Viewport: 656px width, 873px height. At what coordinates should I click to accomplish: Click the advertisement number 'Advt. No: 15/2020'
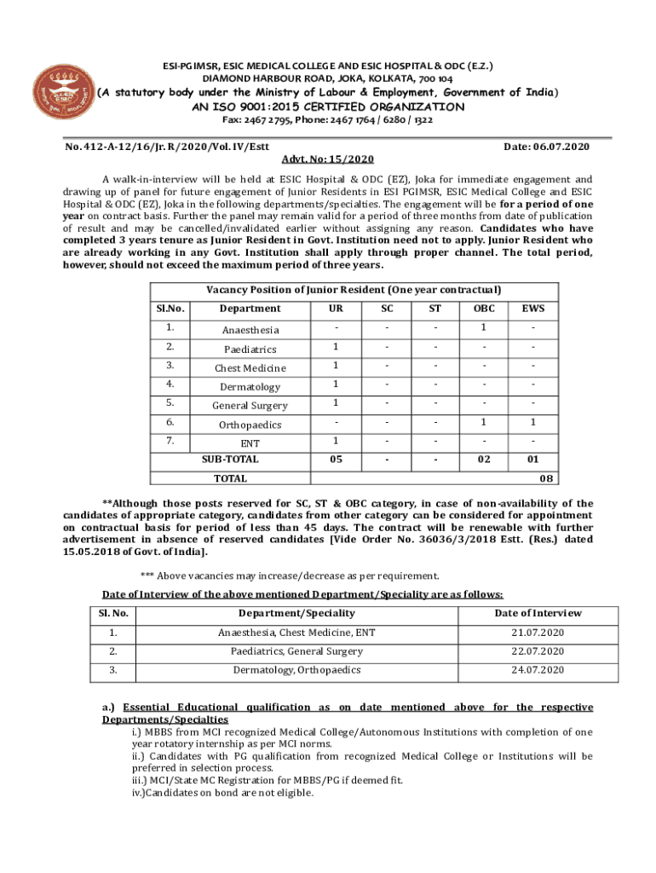328,159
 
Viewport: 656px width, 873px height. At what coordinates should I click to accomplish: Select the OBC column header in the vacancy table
483,308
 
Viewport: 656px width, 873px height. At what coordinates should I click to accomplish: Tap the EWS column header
533,308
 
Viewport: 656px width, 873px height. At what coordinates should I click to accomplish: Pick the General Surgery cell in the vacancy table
250,406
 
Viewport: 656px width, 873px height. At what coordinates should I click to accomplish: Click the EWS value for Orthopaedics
533,424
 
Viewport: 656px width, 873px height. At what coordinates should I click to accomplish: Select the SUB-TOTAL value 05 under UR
336,460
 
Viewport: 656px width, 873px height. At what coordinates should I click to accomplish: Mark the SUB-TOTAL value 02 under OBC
483,460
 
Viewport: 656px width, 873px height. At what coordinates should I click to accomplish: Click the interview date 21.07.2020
536,633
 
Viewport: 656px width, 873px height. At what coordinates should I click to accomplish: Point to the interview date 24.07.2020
536,670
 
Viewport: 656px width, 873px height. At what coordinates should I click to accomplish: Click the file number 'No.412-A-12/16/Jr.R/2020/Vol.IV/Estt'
166,147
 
